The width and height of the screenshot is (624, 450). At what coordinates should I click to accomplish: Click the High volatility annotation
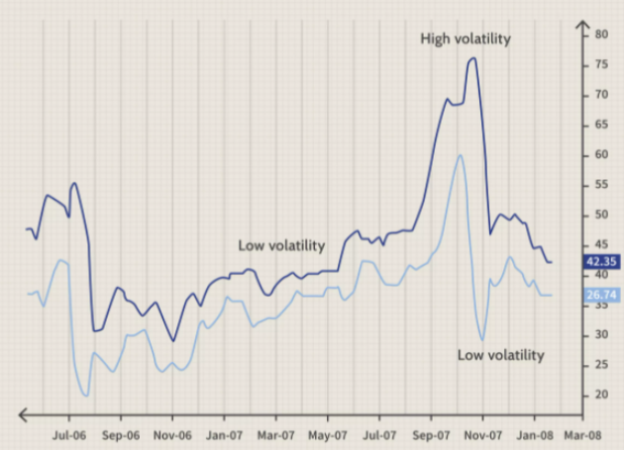point(466,39)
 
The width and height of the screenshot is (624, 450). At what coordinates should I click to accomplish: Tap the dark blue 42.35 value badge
point(601,261)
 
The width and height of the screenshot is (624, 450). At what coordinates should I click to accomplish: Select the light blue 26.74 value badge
point(601,295)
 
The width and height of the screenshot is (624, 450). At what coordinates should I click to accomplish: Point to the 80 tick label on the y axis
point(602,35)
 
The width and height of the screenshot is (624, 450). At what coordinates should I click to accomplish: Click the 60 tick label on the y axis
point(602,154)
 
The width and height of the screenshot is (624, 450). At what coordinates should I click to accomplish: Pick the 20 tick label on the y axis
point(602,395)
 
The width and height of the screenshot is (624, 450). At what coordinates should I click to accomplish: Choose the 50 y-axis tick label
point(602,215)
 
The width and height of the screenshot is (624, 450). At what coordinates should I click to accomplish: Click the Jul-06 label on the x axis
point(69,435)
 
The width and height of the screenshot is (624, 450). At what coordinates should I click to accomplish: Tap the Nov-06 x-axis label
point(172,435)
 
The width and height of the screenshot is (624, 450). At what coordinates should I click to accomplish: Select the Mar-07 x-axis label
point(275,435)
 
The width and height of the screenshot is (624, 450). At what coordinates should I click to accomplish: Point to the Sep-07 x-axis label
point(431,435)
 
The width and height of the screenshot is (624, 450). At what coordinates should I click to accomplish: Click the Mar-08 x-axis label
point(582,435)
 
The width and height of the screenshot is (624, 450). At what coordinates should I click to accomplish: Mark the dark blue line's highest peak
point(472,58)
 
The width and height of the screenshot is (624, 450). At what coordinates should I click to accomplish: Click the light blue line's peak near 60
point(460,155)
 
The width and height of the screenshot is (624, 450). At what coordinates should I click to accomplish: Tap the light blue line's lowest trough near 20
point(86,396)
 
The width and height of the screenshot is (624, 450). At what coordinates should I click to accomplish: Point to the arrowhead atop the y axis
point(582,25)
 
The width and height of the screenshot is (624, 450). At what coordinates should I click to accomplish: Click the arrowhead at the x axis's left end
point(23,415)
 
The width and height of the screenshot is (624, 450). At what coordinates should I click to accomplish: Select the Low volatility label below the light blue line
point(500,355)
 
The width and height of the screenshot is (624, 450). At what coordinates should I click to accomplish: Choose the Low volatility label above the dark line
point(281,245)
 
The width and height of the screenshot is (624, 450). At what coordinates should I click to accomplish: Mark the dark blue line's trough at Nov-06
point(173,340)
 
